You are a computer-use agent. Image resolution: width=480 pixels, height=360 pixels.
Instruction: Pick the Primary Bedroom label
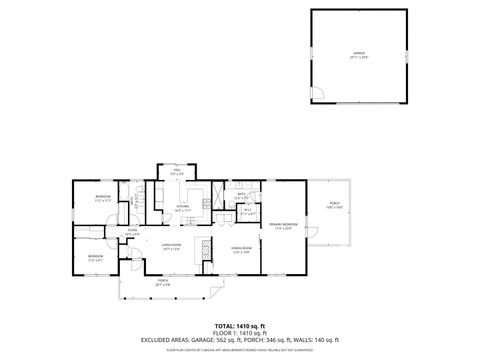click(x=282, y=226)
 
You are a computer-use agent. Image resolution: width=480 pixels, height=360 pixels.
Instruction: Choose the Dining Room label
click(x=241, y=249)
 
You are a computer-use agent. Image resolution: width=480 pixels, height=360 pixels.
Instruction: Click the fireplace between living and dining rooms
click(x=206, y=250)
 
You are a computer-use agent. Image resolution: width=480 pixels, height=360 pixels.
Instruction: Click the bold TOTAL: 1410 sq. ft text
click(x=239, y=327)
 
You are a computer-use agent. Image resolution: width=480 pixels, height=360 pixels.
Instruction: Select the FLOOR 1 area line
click(x=239, y=334)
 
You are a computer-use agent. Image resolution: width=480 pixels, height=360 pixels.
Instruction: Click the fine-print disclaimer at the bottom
click(x=239, y=350)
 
